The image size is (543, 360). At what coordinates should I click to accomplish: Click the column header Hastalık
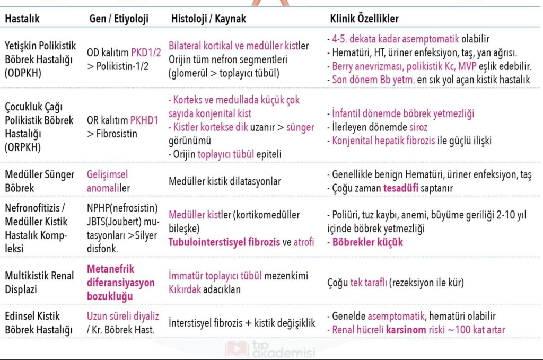[x=22, y=19]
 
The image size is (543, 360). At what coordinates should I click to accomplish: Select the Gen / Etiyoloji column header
[x=119, y=19]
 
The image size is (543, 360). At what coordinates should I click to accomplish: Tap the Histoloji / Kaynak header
[x=208, y=19]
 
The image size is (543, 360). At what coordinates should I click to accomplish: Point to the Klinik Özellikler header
[x=364, y=19]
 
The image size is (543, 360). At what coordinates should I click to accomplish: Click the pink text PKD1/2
[x=146, y=52]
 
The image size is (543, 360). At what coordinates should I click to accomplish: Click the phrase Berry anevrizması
[x=366, y=67]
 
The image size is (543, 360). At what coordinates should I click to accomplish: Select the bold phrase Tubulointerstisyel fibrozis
[x=224, y=242]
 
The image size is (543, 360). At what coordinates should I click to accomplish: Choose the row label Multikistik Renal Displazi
[x=40, y=283]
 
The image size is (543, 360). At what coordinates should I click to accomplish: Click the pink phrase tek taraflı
[x=369, y=283]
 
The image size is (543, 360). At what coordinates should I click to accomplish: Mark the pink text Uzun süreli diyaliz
[x=122, y=317]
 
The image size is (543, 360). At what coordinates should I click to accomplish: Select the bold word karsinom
[x=409, y=330]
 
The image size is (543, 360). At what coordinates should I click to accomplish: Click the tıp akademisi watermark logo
[x=270, y=349]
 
